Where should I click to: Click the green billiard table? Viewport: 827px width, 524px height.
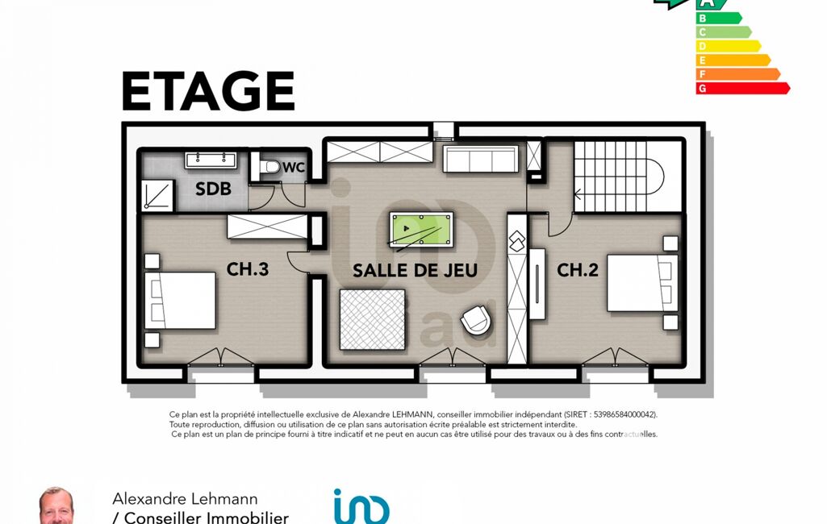coord(421,229)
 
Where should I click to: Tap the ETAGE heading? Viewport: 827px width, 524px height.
coord(208,90)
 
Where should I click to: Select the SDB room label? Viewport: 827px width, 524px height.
coord(213,189)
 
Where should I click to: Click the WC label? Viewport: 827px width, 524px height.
coord(294,168)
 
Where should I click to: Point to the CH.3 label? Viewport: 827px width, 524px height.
coord(248,269)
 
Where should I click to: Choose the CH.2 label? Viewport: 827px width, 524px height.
coord(578,270)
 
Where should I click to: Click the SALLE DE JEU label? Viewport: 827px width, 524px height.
coord(415,270)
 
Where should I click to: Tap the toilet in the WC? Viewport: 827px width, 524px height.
coord(268,167)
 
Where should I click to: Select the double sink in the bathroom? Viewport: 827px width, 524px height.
coord(211,160)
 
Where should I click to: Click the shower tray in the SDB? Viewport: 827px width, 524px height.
coord(157,195)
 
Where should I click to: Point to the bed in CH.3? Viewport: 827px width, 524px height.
coord(180,301)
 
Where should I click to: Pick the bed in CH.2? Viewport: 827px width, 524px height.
coord(642,283)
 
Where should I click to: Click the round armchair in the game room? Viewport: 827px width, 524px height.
coord(476,319)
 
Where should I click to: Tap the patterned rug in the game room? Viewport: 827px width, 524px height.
coord(373,319)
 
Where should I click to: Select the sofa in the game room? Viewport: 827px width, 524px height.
coord(481,159)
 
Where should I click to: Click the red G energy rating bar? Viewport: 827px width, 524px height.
coord(742,88)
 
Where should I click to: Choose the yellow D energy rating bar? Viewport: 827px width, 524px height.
coord(729,46)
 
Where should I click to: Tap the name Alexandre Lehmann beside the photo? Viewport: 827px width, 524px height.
coord(185,499)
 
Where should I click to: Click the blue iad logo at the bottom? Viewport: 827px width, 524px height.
coord(361,506)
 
